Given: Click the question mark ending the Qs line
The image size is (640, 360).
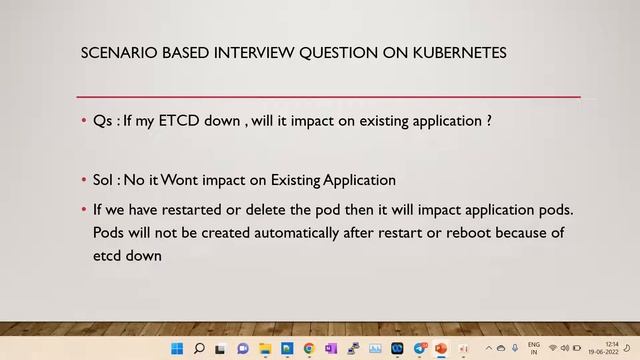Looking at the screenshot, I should pyautogui.click(x=488, y=121).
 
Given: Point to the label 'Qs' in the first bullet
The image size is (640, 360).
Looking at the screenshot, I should pyautogui.click(x=103, y=121).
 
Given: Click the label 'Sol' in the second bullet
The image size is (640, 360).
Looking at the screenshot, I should pyautogui.click(x=105, y=180).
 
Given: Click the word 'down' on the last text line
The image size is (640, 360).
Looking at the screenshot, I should pyautogui.click(x=145, y=255).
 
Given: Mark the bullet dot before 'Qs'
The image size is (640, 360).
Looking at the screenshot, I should pyautogui.click(x=84, y=122).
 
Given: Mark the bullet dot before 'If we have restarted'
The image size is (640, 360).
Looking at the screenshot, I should pyautogui.click(x=84, y=211).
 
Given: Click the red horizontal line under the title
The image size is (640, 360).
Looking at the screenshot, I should pyautogui.click(x=330, y=97).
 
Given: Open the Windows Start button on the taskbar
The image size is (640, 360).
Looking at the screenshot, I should pyautogui.click(x=177, y=349).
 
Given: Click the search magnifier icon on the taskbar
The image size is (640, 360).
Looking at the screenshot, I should pyautogui.click(x=199, y=349).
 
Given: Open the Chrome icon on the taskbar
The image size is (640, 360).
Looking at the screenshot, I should pyautogui.click(x=309, y=349).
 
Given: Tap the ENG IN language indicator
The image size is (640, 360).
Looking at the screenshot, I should pyautogui.click(x=534, y=349).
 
